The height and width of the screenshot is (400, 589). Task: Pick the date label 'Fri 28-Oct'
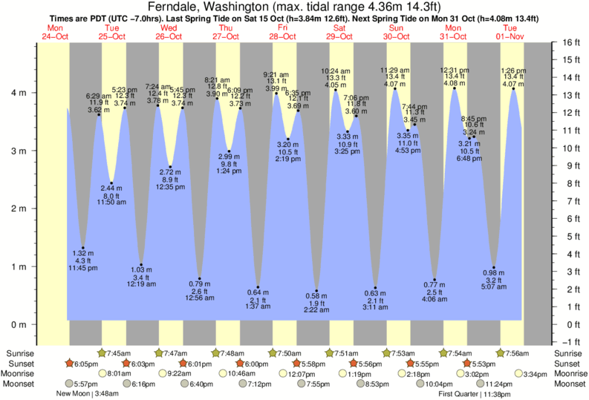[284, 31]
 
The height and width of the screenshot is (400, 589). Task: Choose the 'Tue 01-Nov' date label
[511, 31]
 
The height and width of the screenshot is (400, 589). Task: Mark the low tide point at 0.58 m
[316, 291]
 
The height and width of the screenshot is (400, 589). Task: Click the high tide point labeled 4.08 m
[454, 88]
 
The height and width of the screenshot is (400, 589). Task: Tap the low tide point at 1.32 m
[82, 248]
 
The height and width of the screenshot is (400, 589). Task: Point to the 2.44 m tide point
[111, 183]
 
